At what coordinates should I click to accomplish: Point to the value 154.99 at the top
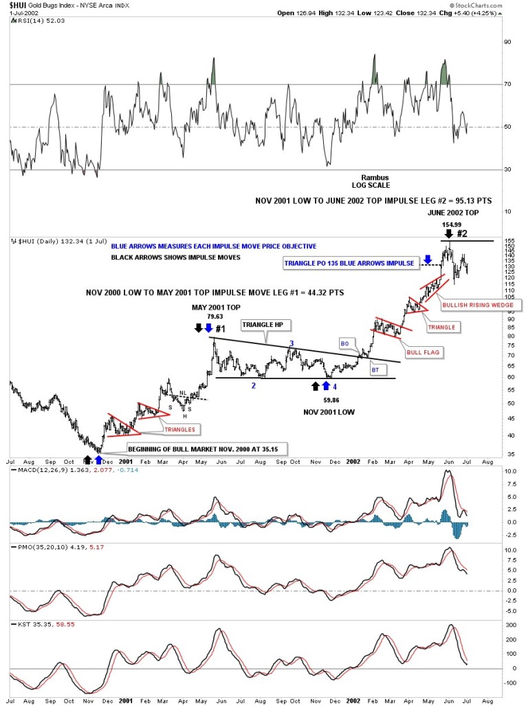coord(450,224)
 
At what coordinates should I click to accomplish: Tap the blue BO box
coord(346,342)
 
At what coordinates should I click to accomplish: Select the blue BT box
coord(376,370)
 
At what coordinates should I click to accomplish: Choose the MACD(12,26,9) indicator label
coord(41,470)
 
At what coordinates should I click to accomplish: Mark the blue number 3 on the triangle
coord(291,343)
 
